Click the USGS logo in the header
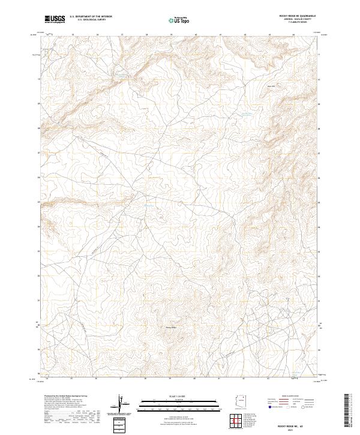55,19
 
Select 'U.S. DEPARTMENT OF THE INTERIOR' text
91,17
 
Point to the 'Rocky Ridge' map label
171,327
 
